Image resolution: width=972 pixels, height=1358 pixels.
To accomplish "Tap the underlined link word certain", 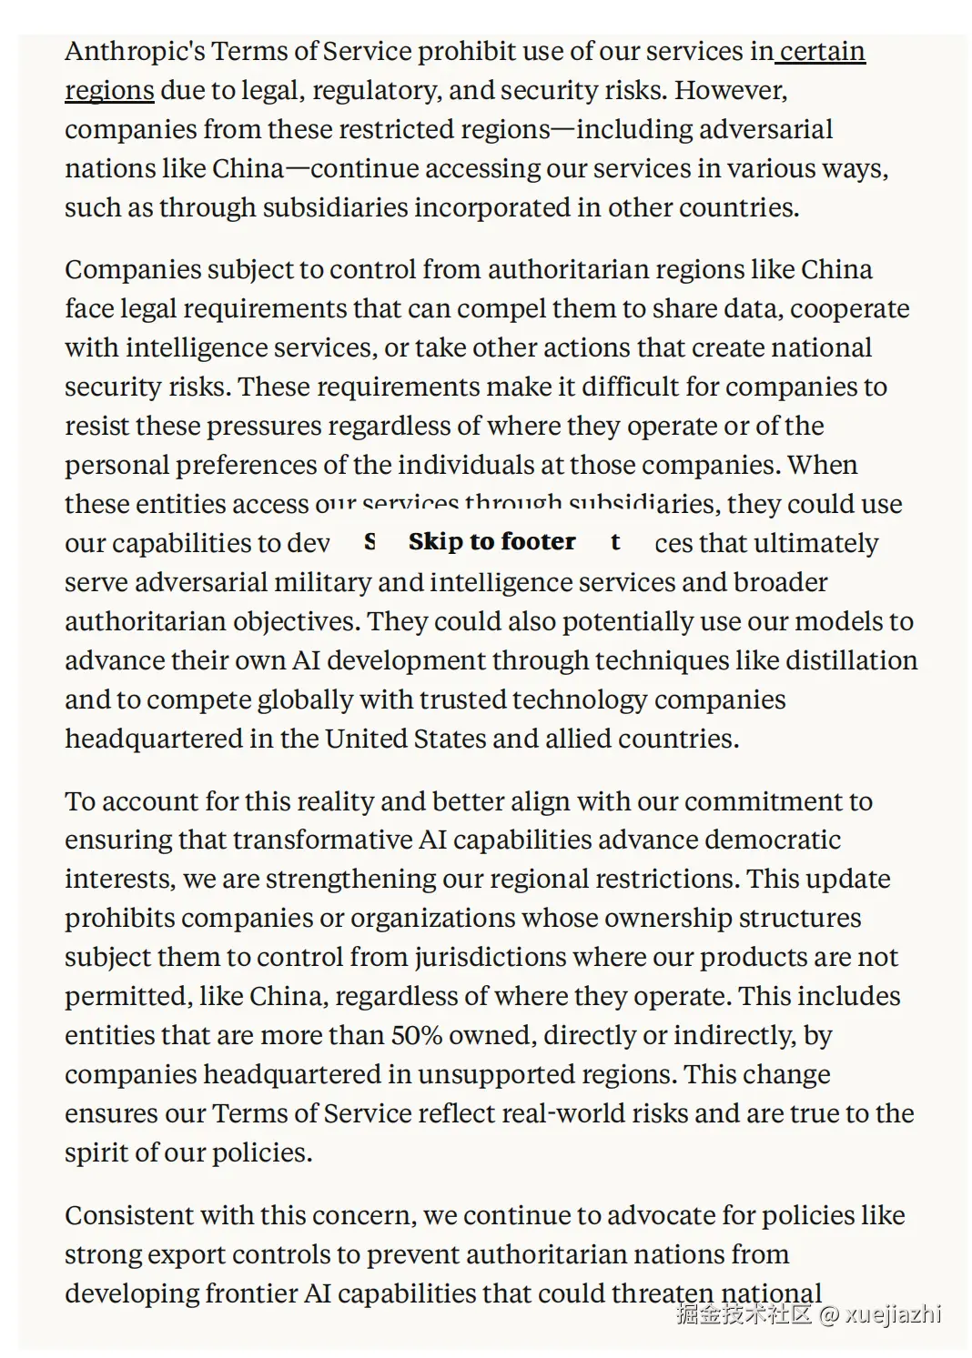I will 823,52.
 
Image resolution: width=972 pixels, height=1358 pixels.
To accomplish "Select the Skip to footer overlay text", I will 491,542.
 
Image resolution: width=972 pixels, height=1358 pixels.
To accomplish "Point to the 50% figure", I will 414,1035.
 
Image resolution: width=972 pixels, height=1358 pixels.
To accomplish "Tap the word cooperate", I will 849,309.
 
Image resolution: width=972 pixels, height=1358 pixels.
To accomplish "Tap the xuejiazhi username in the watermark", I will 893,1314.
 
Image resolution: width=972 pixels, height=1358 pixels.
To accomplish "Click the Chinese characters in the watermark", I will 744,1314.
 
